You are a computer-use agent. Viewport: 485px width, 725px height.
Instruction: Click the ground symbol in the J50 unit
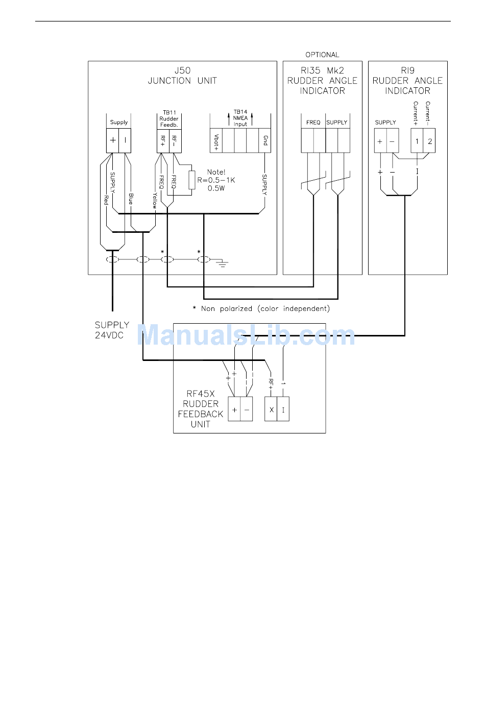tap(222, 263)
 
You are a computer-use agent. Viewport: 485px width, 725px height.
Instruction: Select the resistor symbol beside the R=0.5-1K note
tap(192, 180)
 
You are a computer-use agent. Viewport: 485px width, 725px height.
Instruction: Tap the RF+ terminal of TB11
tap(163, 141)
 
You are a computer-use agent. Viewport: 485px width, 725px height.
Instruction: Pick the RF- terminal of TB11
tap(175, 141)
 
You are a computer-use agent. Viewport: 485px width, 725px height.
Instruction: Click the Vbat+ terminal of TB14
tap(216, 141)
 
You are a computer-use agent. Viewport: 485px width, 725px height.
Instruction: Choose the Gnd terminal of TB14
tap(265, 141)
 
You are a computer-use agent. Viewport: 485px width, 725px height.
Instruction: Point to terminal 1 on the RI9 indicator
tap(417, 141)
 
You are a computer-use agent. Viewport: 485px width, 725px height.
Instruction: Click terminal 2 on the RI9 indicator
tap(429, 141)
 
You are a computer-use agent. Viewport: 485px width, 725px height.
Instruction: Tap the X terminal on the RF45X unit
tap(271, 409)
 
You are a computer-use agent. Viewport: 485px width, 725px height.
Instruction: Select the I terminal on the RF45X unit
tap(283, 409)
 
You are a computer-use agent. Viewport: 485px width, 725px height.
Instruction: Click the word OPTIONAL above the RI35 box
tap(322, 55)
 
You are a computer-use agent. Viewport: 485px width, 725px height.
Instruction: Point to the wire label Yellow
tap(155, 201)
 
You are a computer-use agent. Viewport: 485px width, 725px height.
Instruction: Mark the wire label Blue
tap(131, 199)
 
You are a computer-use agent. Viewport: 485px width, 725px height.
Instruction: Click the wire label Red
tap(106, 200)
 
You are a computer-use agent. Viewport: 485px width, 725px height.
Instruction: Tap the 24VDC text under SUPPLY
tap(109, 335)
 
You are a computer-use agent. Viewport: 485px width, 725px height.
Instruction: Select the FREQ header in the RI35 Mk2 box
tap(313, 123)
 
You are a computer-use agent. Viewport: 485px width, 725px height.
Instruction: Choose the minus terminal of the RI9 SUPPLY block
tap(393, 141)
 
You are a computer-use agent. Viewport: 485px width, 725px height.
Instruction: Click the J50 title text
tap(182, 70)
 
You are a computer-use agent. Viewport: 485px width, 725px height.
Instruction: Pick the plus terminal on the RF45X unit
tap(234, 409)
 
